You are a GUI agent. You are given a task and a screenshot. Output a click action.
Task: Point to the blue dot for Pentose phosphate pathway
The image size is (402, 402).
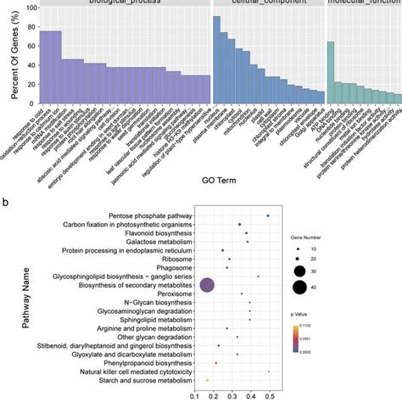point(268,215)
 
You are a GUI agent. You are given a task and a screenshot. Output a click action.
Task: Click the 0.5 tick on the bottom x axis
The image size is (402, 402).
point(270,395)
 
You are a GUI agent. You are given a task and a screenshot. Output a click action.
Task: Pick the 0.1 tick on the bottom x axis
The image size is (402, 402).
point(198,395)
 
